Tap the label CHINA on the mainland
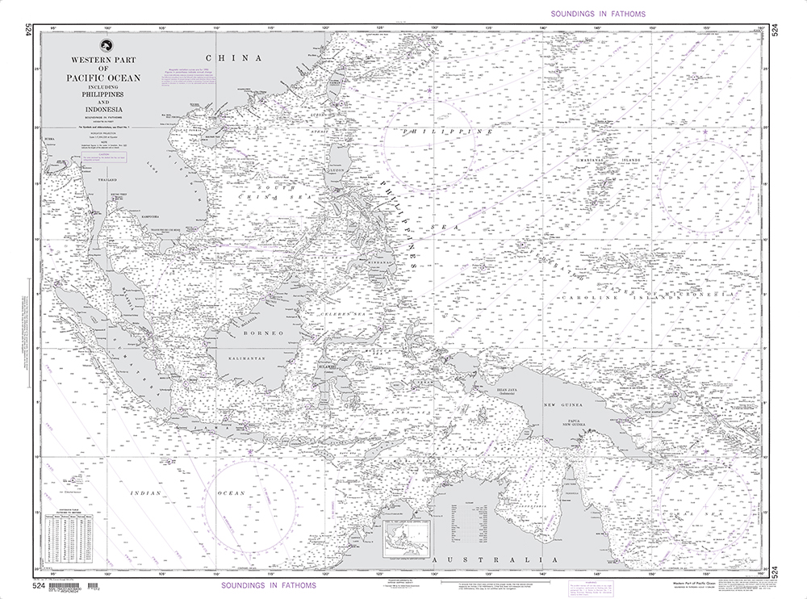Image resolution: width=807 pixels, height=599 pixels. coord(234,58)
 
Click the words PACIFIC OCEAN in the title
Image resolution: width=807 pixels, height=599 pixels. coord(103,79)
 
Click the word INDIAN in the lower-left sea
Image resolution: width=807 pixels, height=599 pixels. coord(148,492)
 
